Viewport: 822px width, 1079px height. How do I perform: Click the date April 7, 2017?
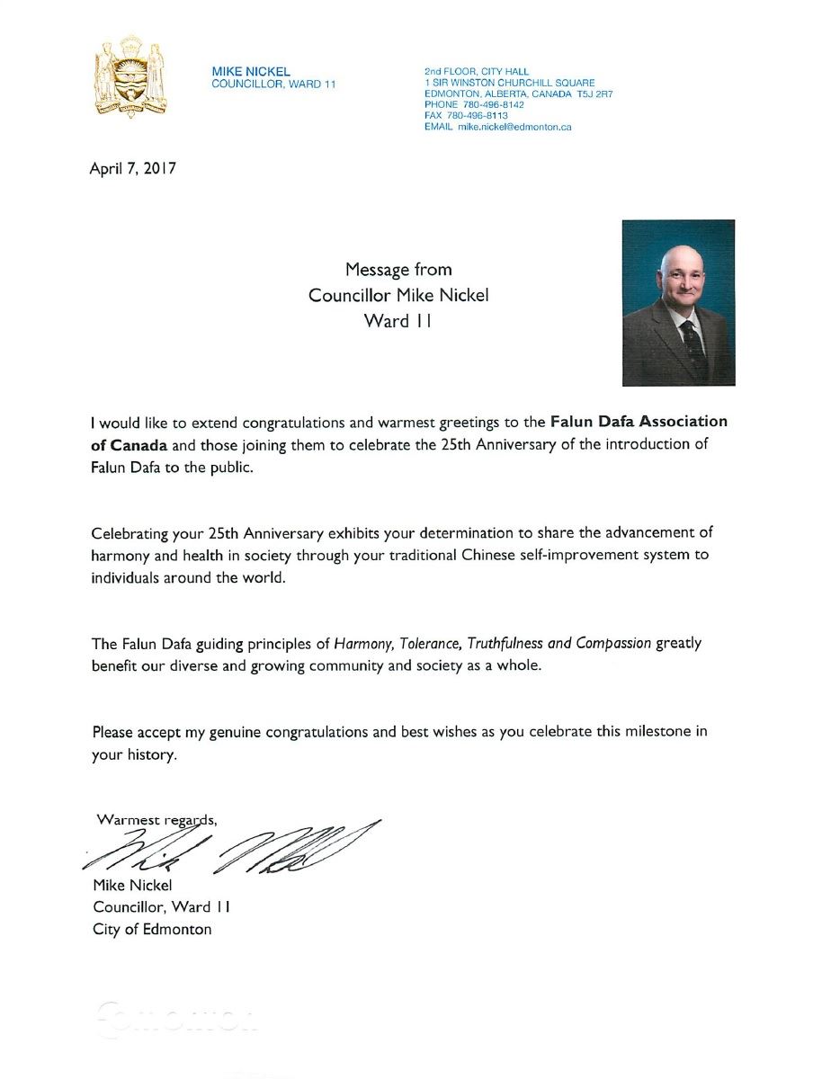(132, 168)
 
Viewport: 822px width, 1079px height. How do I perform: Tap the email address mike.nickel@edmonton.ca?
(514, 127)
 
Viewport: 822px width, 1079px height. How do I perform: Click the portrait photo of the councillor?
(678, 303)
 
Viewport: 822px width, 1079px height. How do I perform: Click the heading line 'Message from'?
(398, 270)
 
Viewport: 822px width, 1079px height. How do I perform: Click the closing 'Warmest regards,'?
(156, 819)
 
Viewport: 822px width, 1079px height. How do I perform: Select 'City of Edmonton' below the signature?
(152, 929)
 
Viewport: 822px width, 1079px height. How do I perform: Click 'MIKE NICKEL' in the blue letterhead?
(251, 72)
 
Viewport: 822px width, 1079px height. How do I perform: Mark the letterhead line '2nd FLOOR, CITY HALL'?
(477, 71)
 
